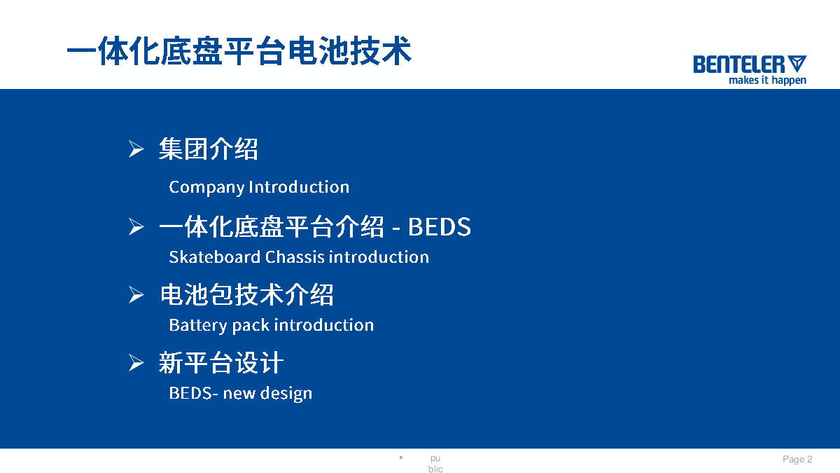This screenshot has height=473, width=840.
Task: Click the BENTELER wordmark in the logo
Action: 739,64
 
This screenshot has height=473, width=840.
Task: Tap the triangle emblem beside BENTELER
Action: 797,63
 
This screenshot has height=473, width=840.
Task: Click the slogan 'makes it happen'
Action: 767,81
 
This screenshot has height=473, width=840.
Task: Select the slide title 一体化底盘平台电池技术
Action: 239,51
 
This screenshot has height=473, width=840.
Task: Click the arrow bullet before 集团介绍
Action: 136,149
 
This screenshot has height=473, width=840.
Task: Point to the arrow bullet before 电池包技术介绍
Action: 136,295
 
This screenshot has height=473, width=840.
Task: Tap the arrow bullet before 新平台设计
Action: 136,363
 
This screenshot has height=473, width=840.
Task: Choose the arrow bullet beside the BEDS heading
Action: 136,227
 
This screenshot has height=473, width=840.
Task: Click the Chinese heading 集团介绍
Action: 209,149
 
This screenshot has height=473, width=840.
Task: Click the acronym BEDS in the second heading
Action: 439,227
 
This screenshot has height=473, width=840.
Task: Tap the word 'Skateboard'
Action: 214,257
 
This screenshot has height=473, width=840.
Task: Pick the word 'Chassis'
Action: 295,257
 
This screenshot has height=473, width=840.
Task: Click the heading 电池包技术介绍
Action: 246,295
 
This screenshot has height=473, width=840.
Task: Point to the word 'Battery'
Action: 198,325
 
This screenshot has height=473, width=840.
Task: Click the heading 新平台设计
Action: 221,363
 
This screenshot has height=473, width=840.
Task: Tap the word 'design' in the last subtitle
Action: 286,394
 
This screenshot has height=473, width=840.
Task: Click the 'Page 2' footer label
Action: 797,459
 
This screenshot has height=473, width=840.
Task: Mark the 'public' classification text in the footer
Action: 435,464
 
